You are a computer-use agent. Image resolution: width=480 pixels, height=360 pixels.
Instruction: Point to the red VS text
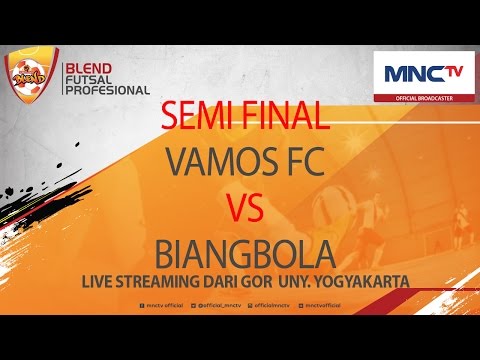pos(242,209)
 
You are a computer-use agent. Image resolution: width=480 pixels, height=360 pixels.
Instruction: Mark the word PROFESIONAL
pos(106,89)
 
